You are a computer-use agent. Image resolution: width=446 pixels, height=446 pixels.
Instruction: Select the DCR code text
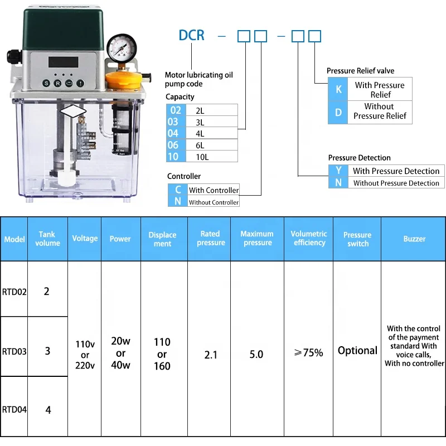pos(191,36)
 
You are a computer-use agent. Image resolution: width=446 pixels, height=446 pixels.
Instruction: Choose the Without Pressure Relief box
pos(379,111)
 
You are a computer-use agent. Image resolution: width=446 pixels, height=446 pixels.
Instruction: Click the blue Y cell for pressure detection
pos(338,171)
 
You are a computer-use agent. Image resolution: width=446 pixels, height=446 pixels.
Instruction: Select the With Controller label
pos(214,190)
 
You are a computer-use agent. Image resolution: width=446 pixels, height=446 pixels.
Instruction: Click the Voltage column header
pos(85,238)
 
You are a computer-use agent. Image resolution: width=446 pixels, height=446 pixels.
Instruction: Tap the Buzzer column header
pos(414,239)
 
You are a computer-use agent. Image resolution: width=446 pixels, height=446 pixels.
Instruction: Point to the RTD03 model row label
pos(14,351)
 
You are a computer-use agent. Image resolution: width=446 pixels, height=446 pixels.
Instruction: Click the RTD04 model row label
pos(14,410)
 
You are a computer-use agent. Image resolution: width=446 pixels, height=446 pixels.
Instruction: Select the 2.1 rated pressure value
pos(211,354)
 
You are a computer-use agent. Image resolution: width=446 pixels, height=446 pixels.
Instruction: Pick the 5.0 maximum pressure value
pos(256,354)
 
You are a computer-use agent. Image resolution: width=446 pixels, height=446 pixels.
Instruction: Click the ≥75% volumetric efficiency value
pos(309,353)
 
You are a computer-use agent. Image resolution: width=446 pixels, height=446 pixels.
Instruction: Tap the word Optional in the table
pos(357,351)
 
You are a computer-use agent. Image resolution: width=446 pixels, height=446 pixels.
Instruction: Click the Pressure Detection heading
pos(359,158)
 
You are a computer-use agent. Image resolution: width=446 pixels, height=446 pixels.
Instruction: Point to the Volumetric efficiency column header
pos(309,238)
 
